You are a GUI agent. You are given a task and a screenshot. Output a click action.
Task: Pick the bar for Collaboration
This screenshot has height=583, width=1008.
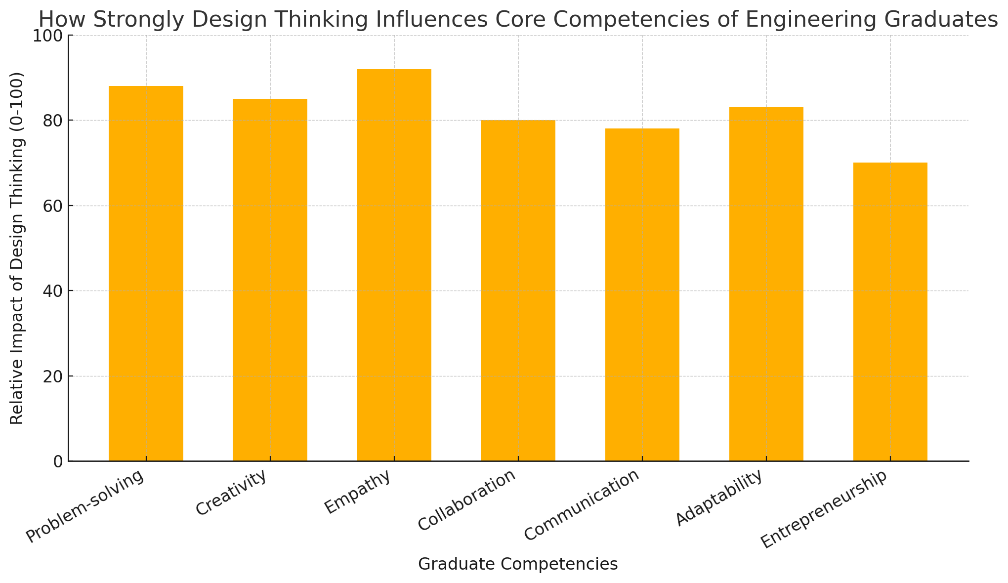click(518, 291)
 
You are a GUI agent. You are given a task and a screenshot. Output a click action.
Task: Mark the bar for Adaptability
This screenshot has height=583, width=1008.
click(766, 285)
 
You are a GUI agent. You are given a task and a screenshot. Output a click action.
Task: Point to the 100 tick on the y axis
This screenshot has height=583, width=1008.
click(48, 36)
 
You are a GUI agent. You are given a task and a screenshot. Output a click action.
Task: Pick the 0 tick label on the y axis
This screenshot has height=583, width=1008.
click(57, 462)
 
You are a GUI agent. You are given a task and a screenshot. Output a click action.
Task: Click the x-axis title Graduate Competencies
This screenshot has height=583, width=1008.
click(518, 564)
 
